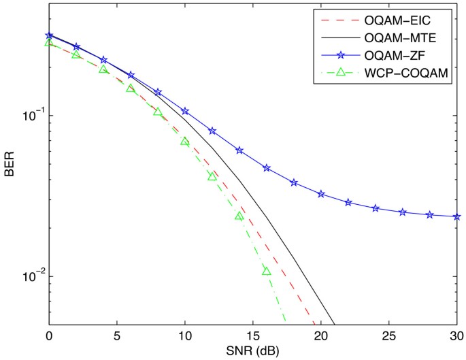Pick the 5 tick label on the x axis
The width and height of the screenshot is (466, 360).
117,336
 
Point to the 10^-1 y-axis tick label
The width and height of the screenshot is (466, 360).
29,114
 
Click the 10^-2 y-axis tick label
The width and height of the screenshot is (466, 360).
29,276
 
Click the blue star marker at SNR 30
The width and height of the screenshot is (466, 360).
456,216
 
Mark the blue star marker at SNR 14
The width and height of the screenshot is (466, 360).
239,150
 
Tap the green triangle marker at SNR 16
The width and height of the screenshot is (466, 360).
267,271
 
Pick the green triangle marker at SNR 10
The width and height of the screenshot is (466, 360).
185,142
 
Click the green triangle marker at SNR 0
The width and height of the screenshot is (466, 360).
49,42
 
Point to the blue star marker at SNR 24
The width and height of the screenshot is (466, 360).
376,208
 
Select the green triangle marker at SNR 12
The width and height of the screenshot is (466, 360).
212,176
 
